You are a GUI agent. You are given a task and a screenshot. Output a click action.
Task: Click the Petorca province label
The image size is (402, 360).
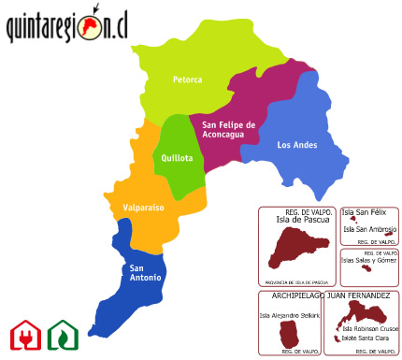coord(187,79)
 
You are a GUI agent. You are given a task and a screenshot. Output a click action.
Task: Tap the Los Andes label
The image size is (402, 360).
coord(297,145)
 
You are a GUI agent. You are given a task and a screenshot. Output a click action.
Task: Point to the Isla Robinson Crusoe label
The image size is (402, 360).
coord(370,328)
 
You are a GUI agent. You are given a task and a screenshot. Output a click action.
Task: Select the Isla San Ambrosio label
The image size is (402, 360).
coord(370,229)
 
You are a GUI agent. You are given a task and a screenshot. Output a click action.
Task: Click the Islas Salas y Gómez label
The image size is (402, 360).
coord(370,260)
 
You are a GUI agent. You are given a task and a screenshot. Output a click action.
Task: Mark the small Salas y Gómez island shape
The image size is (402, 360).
coord(366,269)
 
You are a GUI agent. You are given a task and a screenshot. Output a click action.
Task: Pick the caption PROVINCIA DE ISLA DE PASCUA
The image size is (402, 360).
coord(295,281)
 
